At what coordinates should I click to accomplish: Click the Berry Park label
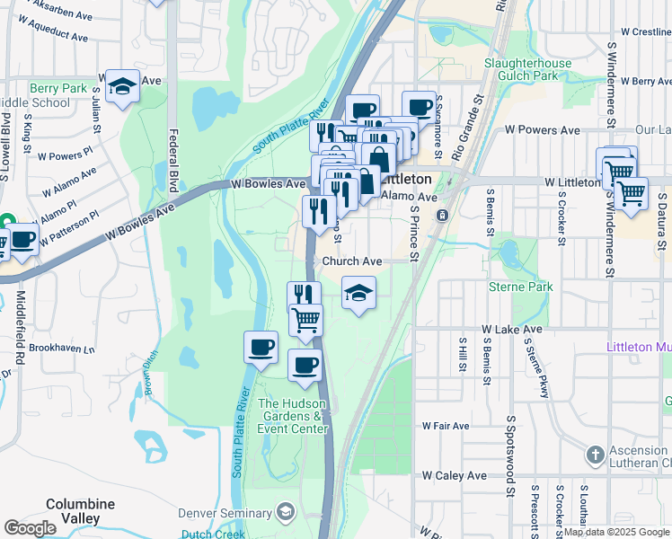tap(57, 88)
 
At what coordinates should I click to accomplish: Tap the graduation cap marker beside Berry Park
tap(122, 86)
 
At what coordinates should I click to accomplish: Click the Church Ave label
tap(352, 261)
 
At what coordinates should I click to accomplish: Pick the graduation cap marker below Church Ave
tap(358, 293)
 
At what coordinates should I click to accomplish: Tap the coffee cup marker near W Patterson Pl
tap(23, 241)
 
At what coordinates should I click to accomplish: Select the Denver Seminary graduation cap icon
tap(286, 512)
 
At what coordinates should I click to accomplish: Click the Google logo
tap(30, 528)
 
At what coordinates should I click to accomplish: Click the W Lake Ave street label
tap(512, 330)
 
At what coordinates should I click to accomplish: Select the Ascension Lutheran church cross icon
tap(594, 455)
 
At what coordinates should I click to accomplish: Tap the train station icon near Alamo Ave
tap(442, 216)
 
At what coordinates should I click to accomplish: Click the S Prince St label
tap(413, 232)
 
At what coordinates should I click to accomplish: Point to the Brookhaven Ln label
tap(61, 348)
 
